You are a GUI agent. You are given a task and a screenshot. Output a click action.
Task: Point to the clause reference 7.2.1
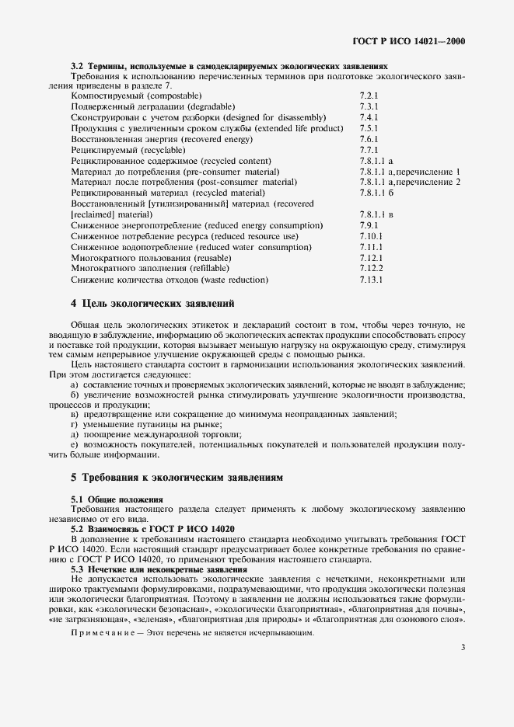369,95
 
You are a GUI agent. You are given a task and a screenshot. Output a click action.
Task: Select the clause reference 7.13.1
371,279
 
